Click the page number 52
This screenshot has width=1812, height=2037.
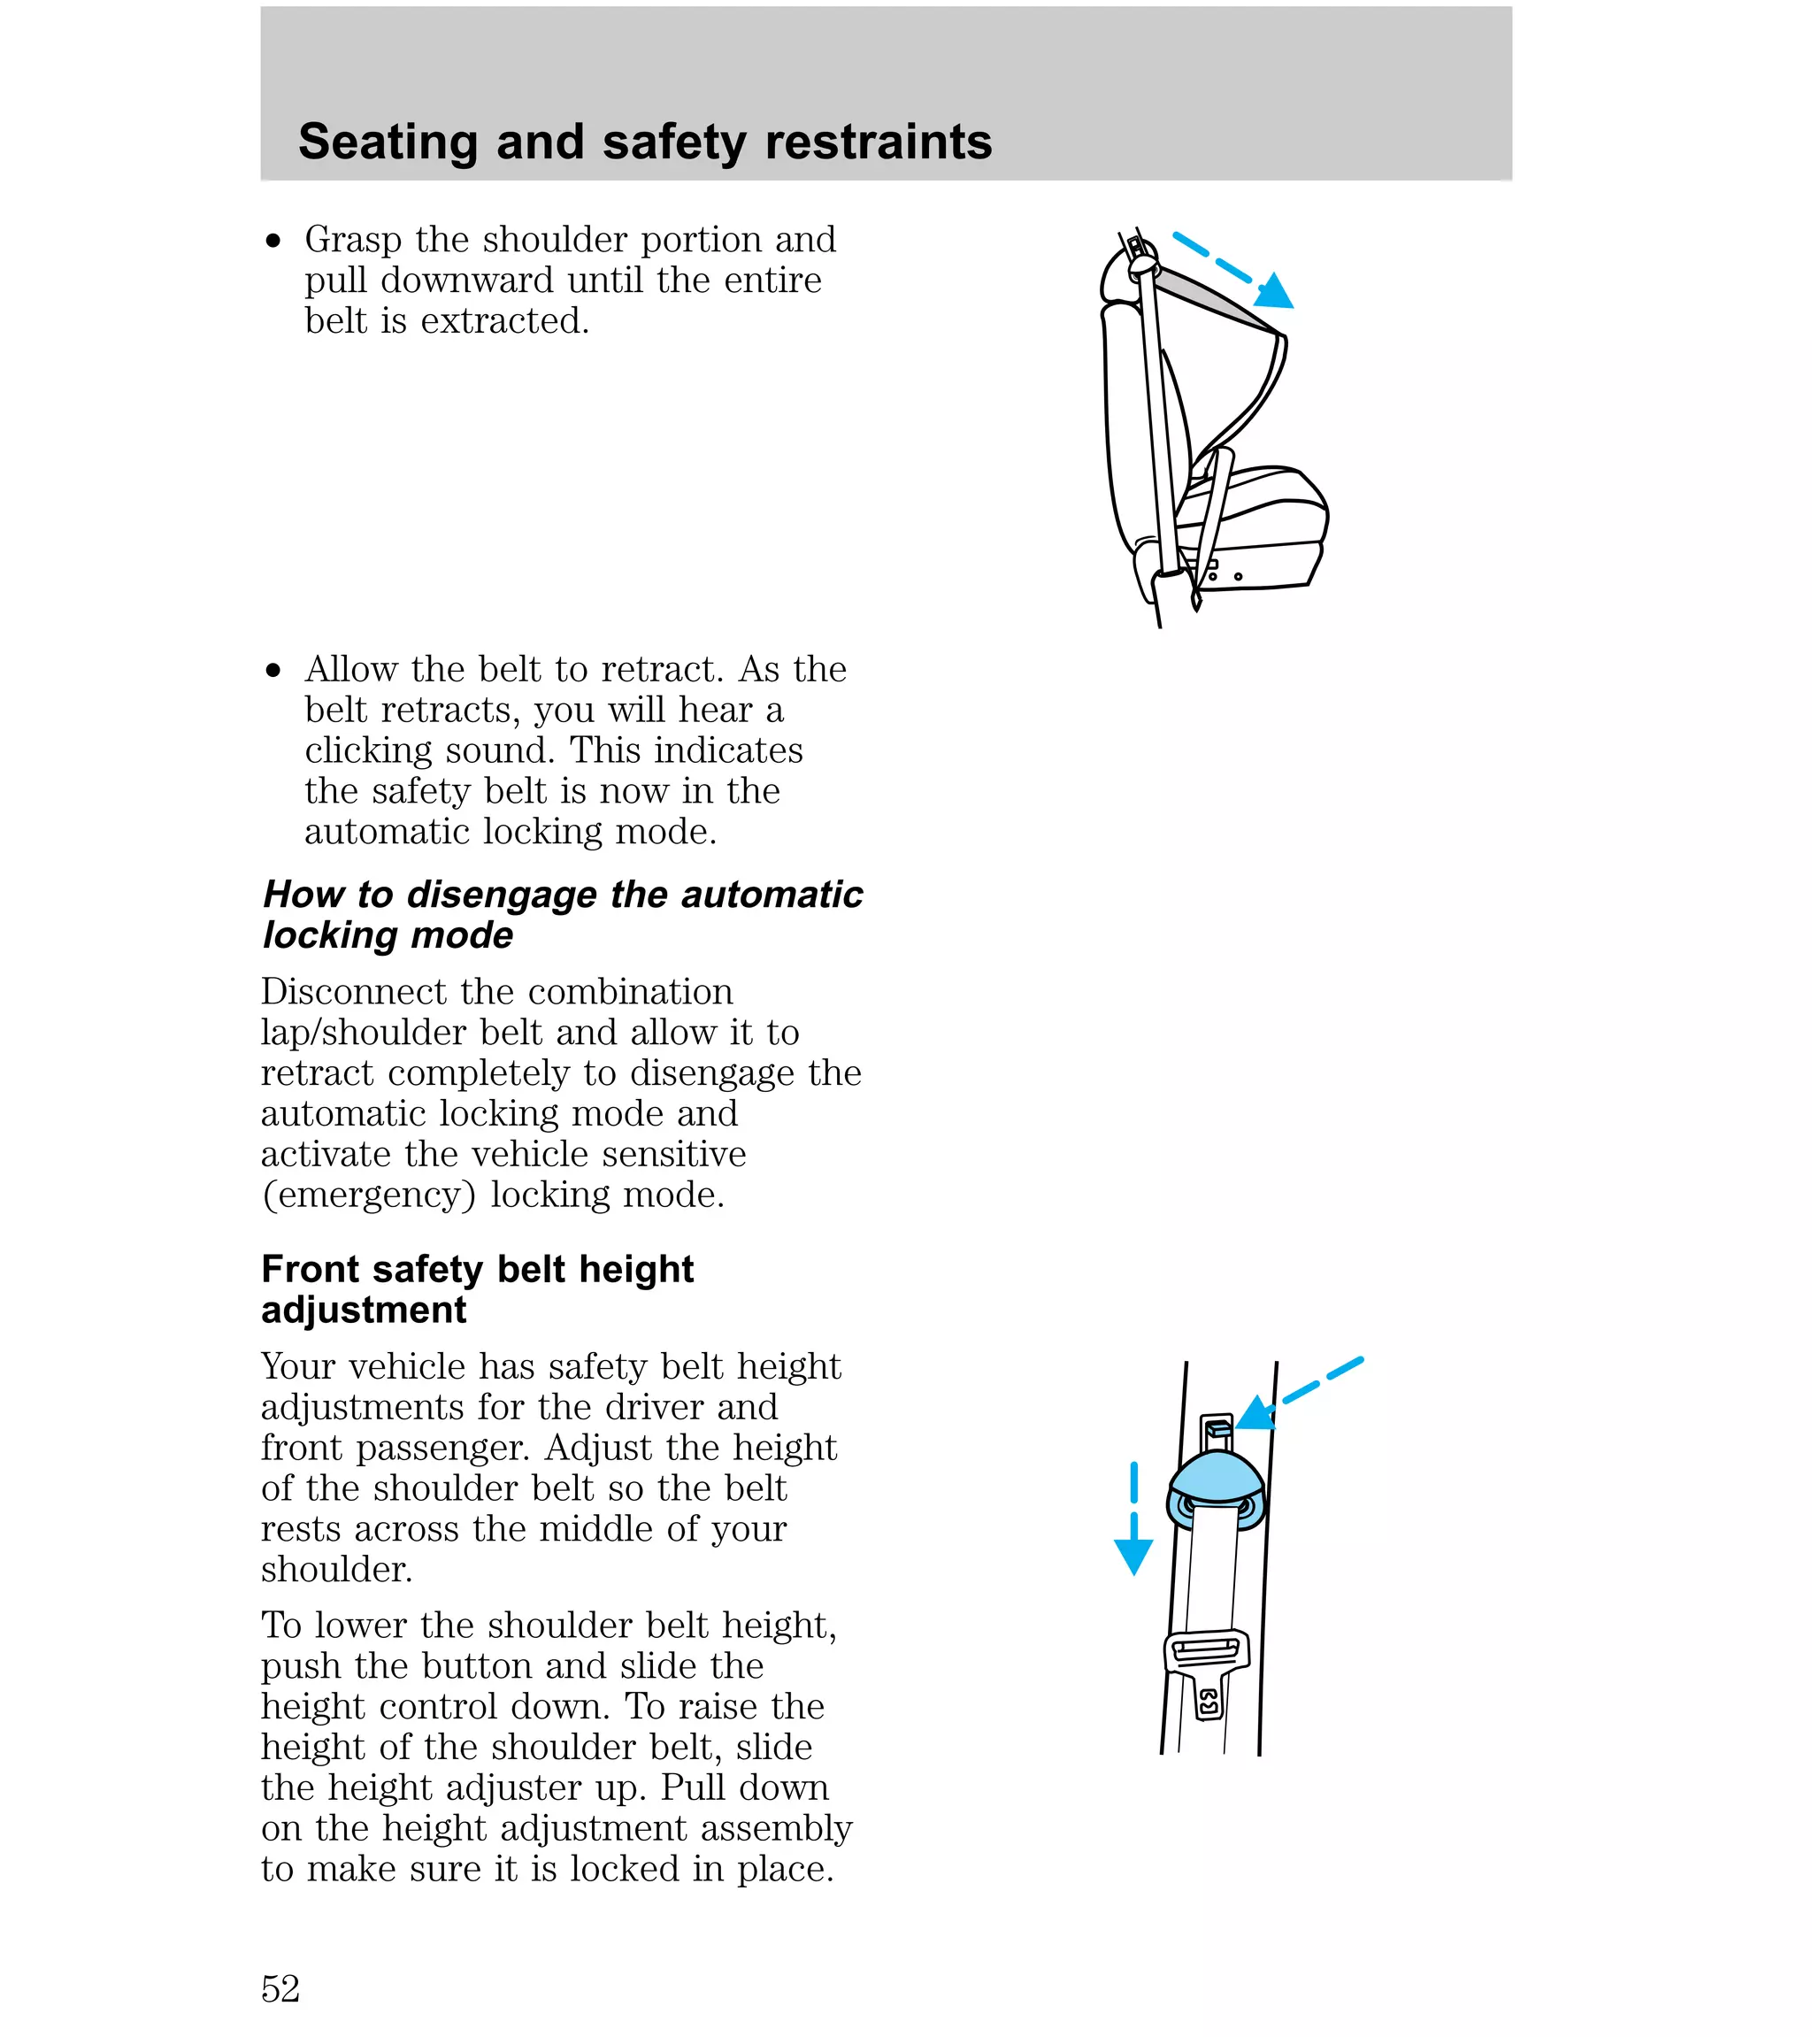click(280, 1988)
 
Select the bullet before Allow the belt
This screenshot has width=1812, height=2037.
click(274, 670)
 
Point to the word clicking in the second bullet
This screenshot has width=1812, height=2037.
click(369, 750)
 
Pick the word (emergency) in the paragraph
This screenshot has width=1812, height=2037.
click(369, 1195)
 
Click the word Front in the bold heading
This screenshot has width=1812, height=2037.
click(310, 1270)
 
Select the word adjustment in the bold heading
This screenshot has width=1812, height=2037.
click(364, 1311)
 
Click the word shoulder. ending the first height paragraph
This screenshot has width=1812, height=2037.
click(337, 1570)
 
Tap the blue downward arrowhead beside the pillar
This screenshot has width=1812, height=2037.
click(1133, 1556)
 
